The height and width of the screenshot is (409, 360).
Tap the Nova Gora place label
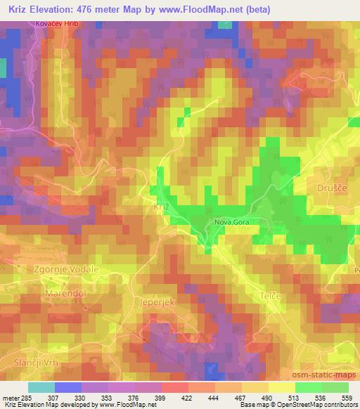point(232,223)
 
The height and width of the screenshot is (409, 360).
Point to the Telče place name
point(271,296)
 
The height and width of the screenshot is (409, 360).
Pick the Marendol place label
point(65,291)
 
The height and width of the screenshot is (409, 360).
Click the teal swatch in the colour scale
point(41,387)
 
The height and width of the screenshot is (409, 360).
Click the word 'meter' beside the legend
point(9,398)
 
